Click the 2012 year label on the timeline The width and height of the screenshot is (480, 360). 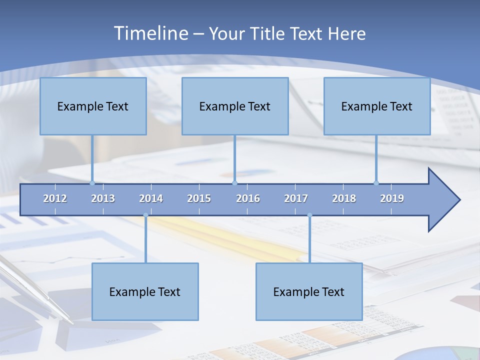[55, 198]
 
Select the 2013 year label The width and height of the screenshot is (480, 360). [103, 198]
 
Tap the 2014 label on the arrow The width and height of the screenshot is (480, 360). [151, 198]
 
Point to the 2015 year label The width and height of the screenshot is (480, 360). [199, 198]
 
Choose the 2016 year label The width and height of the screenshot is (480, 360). [248, 198]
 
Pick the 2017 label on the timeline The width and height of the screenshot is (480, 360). [296, 198]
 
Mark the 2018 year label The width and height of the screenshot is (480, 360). [344, 198]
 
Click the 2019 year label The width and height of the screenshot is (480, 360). [392, 198]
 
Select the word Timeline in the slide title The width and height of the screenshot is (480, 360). [150, 33]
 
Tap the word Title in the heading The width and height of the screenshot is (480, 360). [268, 33]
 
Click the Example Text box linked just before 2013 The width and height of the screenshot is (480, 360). [93, 106]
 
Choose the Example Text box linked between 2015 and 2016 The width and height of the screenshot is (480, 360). [235, 106]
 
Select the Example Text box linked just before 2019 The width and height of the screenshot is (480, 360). [377, 106]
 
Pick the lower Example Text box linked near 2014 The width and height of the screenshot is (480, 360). [145, 291]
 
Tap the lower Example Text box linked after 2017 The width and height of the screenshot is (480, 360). [309, 291]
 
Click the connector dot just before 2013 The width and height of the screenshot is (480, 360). [92, 183]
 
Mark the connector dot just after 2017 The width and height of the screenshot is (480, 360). [309, 215]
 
